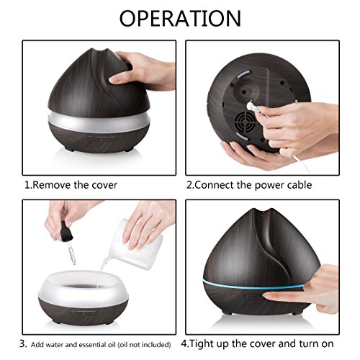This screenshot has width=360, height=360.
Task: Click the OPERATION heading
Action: [x=180, y=18]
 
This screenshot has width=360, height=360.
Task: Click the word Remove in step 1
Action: [x=51, y=185]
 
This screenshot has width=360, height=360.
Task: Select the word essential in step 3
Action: [x=93, y=345]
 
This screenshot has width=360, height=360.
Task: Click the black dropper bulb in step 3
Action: [x=66, y=231]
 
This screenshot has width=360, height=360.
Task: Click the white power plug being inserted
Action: [x=253, y=108]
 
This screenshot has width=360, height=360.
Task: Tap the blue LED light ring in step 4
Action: [x=253, y=285]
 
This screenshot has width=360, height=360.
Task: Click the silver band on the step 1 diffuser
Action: [x=99, y=122]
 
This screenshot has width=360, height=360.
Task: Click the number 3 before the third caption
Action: [x=22, y=344]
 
